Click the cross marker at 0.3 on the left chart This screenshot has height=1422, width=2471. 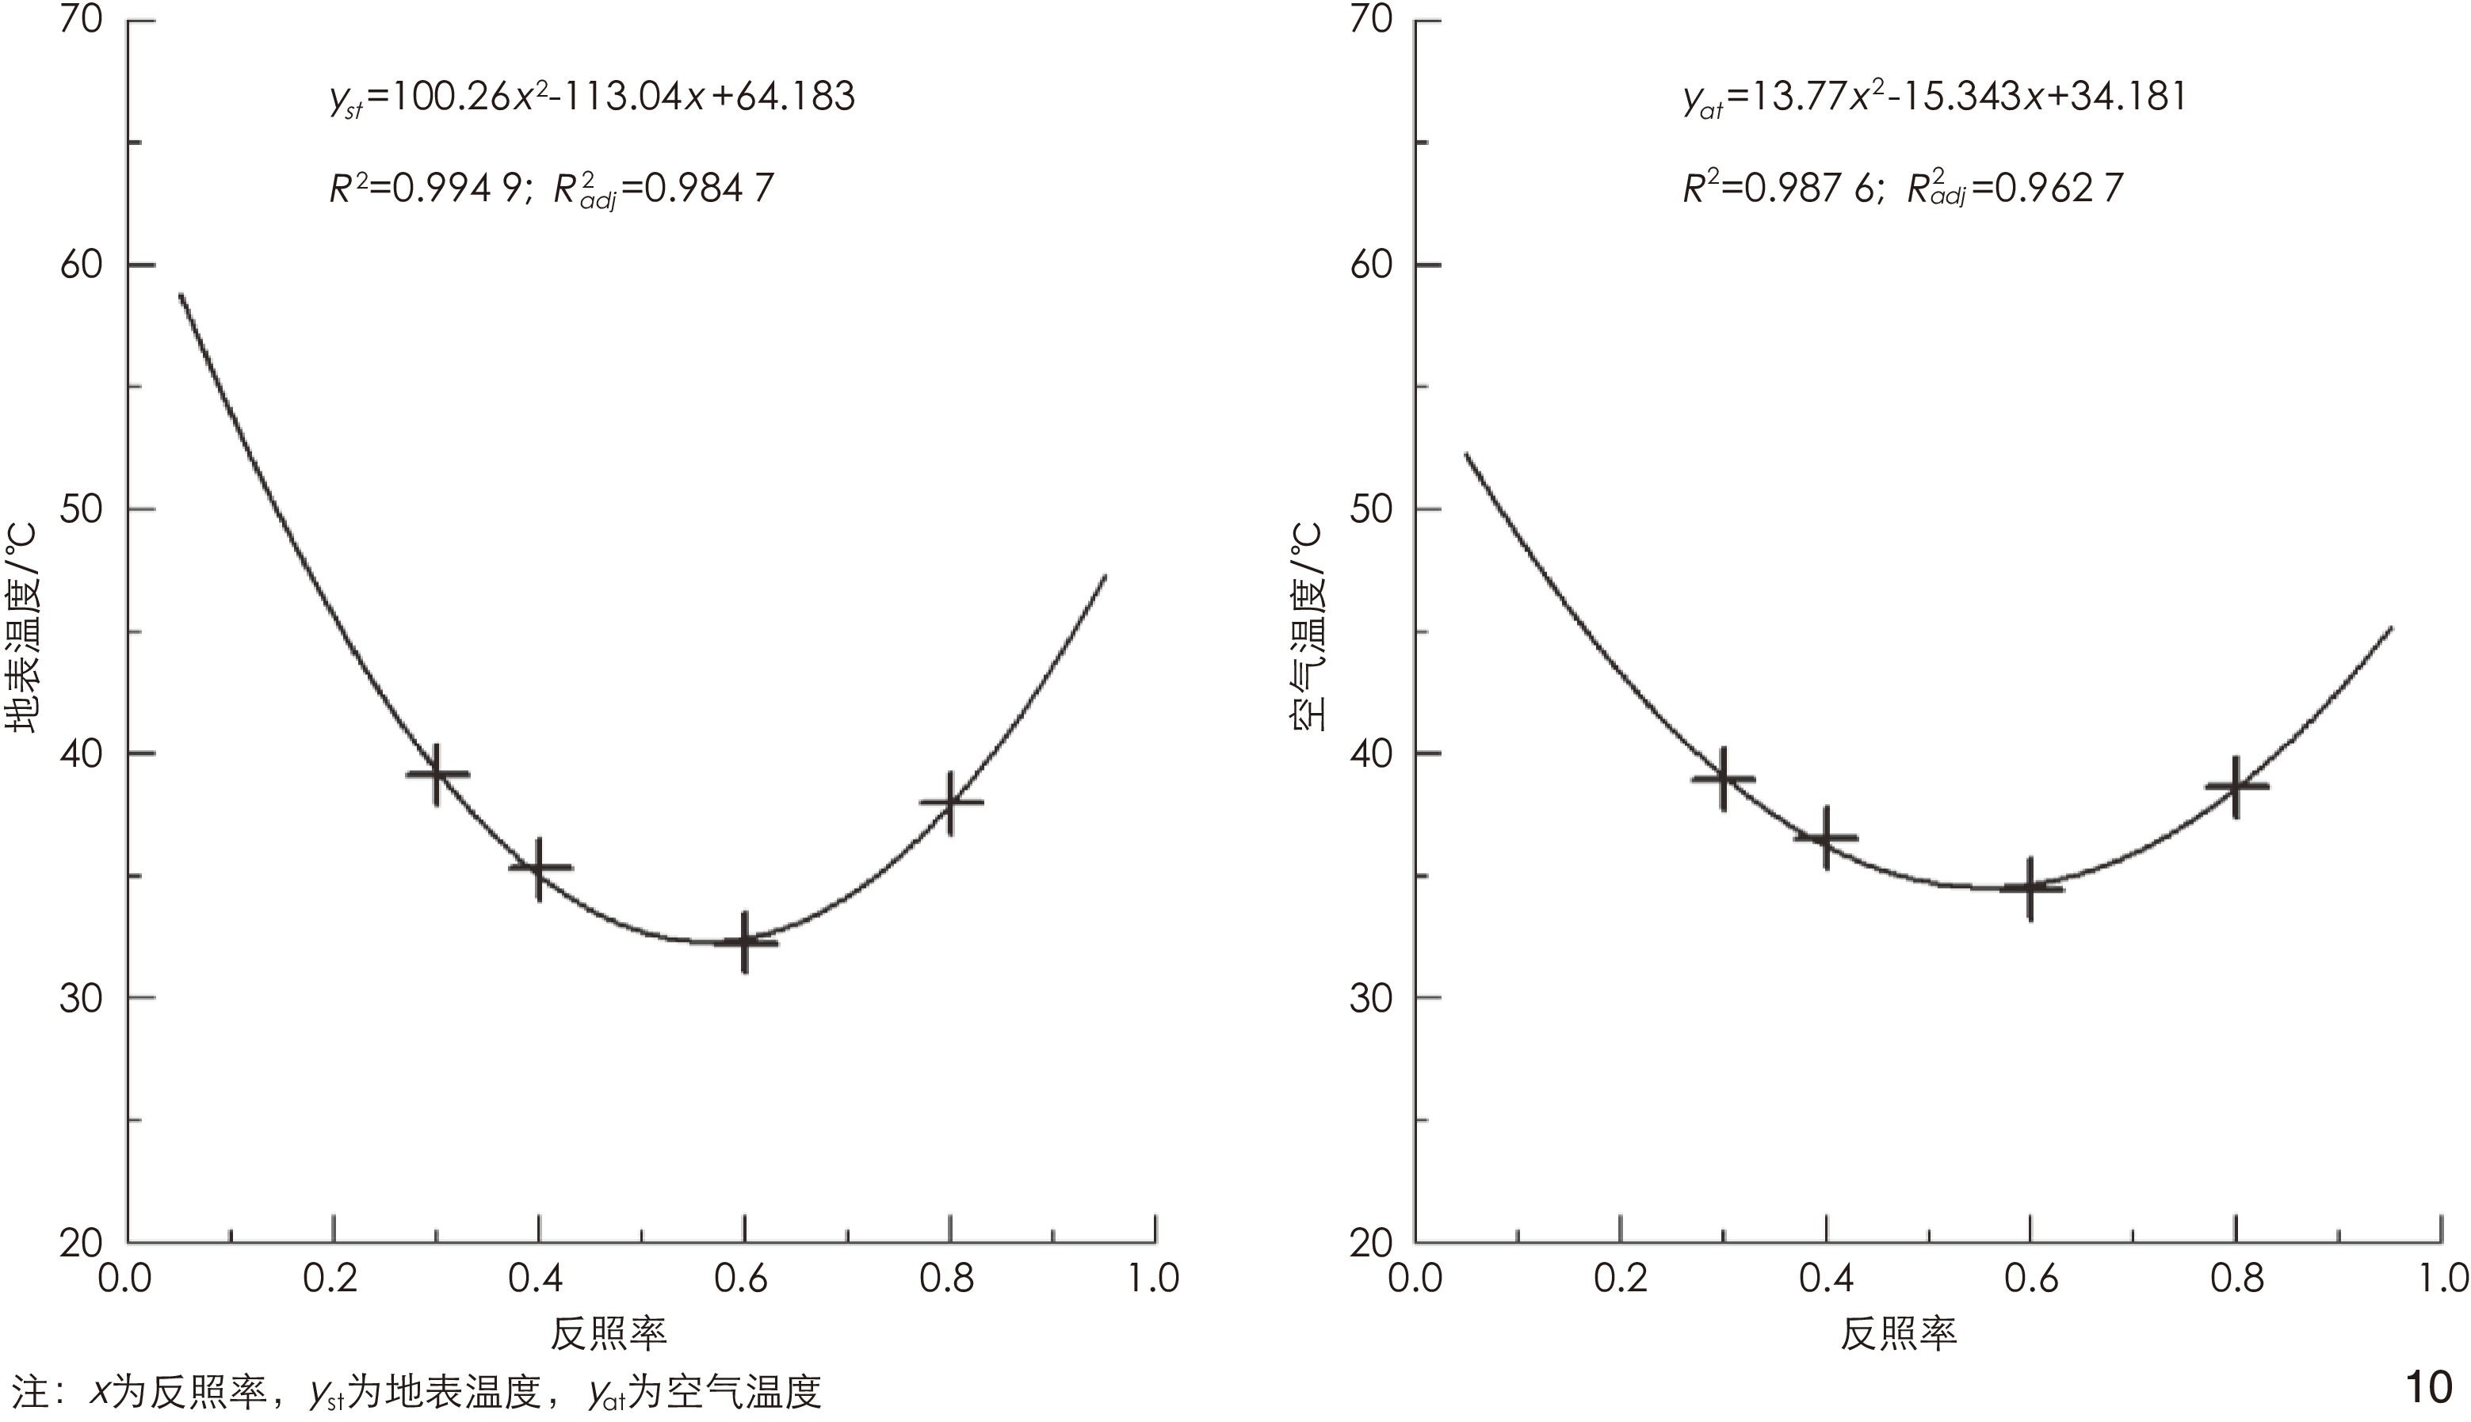click(437, 773)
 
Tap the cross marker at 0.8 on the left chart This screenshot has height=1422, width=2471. click(950, 802)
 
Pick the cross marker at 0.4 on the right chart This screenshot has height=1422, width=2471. click(1825, 837)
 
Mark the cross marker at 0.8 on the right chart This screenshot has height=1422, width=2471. click(2236, 786)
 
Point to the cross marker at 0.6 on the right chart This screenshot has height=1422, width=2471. click(2030, 888)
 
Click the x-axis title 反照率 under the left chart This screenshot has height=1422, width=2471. click(609, 1333)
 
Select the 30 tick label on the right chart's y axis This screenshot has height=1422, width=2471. click(1371, 998)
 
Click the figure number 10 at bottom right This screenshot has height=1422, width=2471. click(2428, 1387)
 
